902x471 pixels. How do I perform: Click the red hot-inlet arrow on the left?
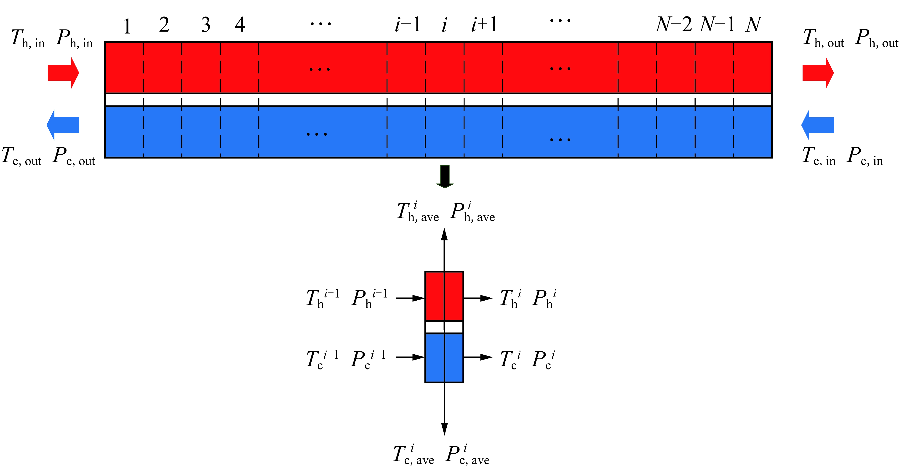pos(63,73)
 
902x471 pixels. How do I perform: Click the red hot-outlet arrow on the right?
pos(818,73)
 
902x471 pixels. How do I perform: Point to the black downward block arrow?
pos(445,176)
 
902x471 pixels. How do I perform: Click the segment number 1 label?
pos(127,26)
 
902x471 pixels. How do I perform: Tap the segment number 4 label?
pos(240,24)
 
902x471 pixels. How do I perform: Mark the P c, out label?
pos(74,156)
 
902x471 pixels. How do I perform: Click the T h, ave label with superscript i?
pos(418,212)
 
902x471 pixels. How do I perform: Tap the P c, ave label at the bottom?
pos(467,455)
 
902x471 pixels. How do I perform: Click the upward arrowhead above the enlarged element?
pos(444,234)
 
